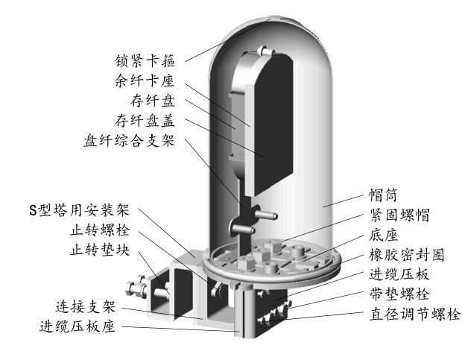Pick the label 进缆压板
point(399,275)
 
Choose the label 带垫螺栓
point(399,295)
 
